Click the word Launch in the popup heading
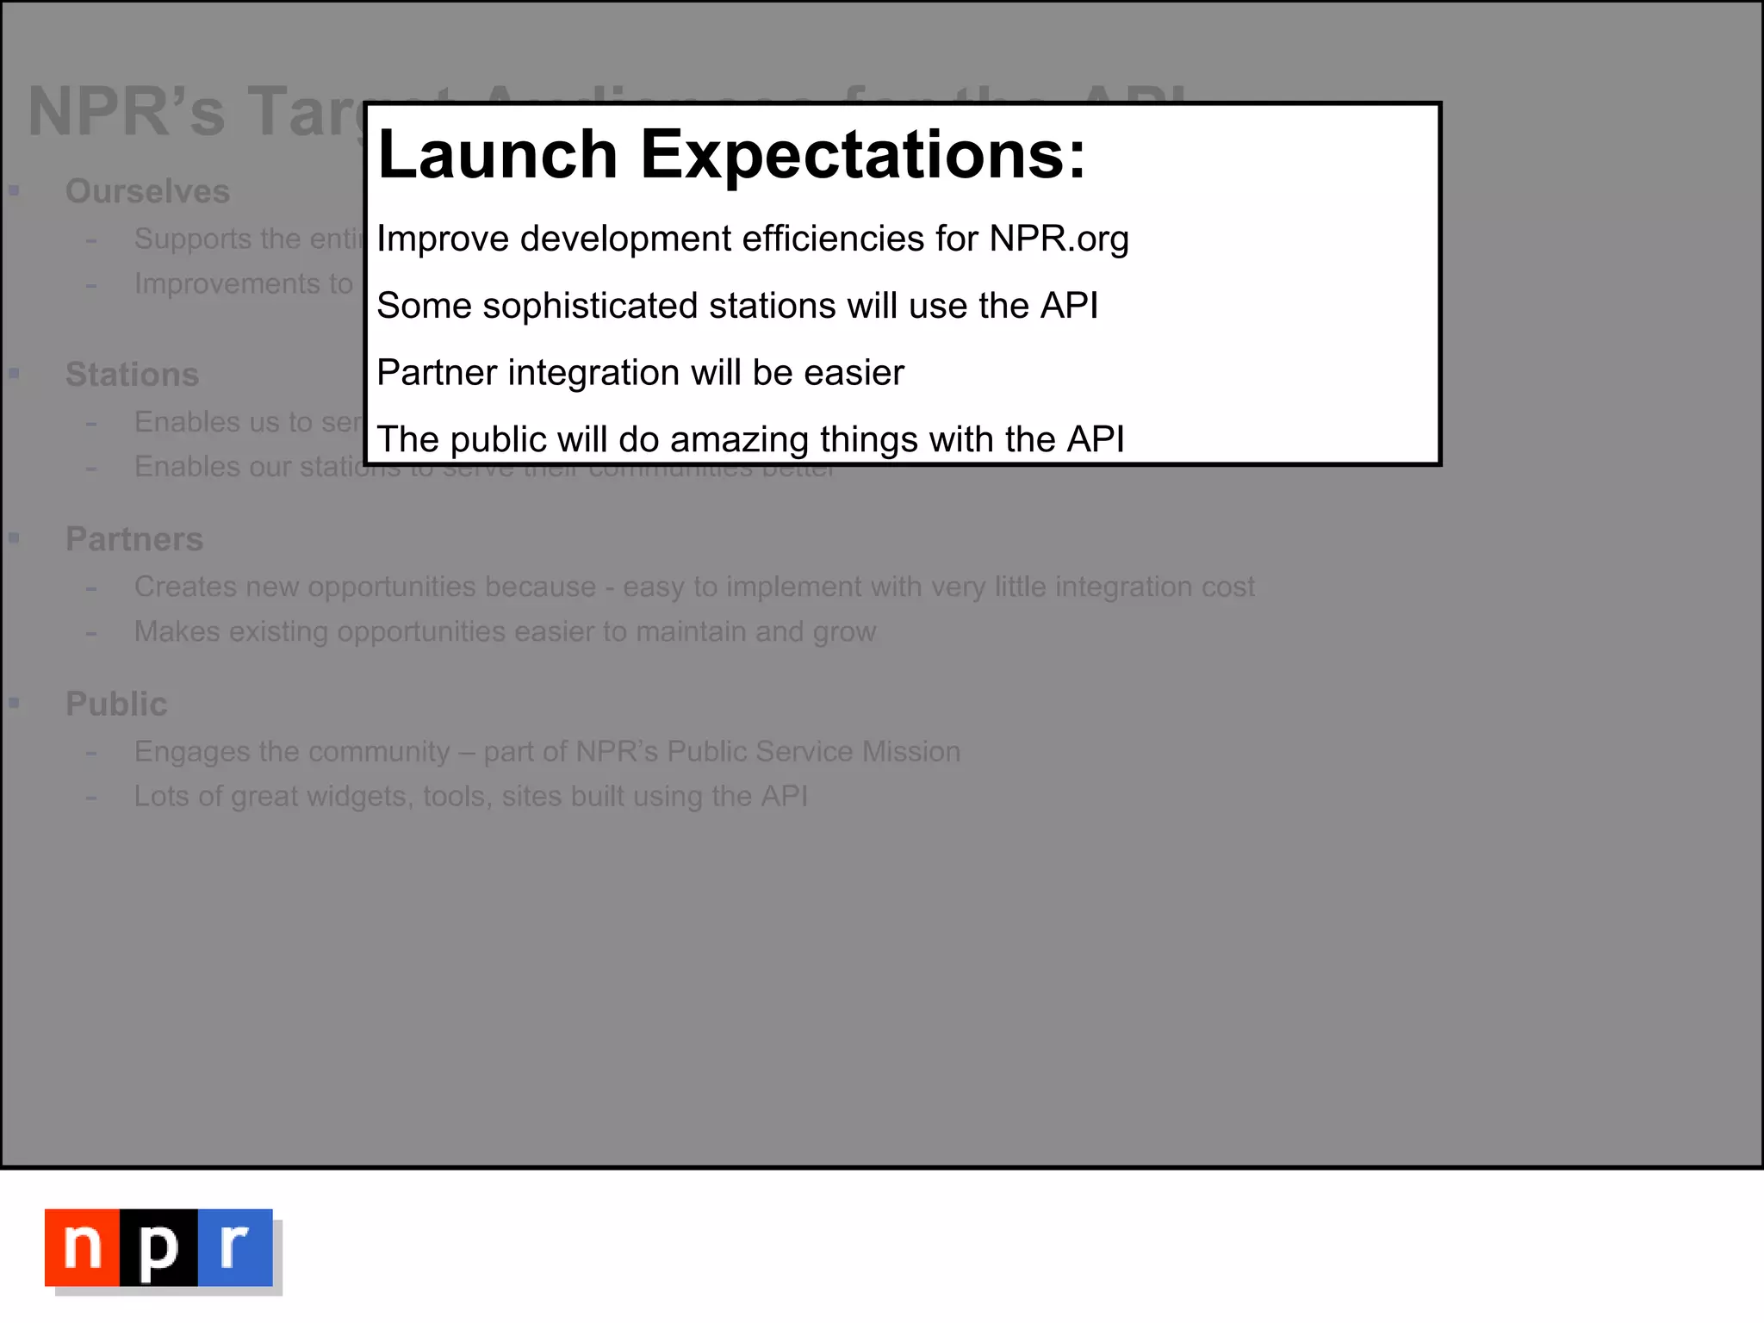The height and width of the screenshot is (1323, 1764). coord(498,155)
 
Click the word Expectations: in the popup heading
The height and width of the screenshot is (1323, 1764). coord(863,155)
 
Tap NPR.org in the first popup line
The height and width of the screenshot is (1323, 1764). coord(1059,239)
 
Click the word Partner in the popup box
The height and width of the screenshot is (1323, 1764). coord(436,373)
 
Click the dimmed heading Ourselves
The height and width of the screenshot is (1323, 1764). coord(147,191)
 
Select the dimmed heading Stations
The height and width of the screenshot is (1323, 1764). coord(132,375)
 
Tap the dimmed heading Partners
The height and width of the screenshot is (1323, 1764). coord(134,539)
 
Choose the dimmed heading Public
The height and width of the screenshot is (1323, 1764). coord(116,705)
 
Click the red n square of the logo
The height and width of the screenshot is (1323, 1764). coord(83,1247)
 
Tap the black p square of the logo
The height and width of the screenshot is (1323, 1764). coord(158,1247)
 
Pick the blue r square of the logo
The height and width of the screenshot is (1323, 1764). coord(234,1247)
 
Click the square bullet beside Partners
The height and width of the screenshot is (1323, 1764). coord(14,538)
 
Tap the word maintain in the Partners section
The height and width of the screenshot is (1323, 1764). coord(690,631)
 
